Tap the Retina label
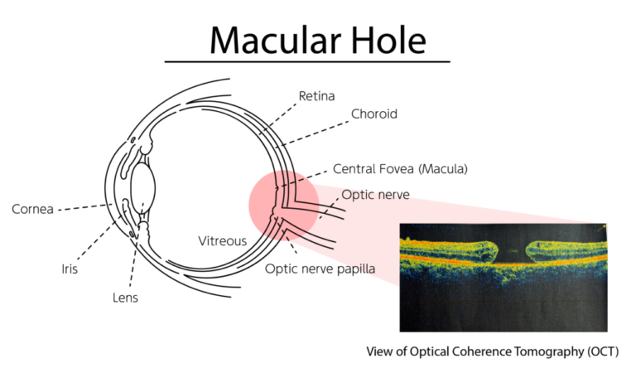click(317, 96)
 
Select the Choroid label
click(374, 114)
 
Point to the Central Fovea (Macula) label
click(400, 169)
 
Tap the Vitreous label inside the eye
click(222, 241)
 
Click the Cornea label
click(33, 209)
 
